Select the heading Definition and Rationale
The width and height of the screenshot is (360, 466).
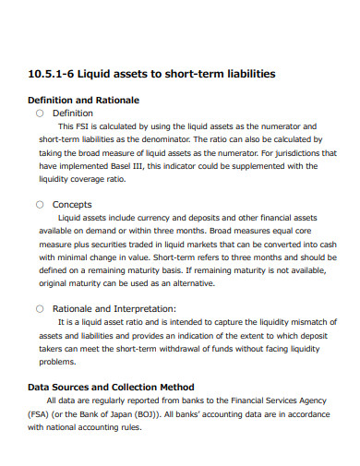coord(84,99)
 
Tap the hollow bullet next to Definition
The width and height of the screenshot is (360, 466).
coord(40,113)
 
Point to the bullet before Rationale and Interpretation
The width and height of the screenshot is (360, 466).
coord(40,308)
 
